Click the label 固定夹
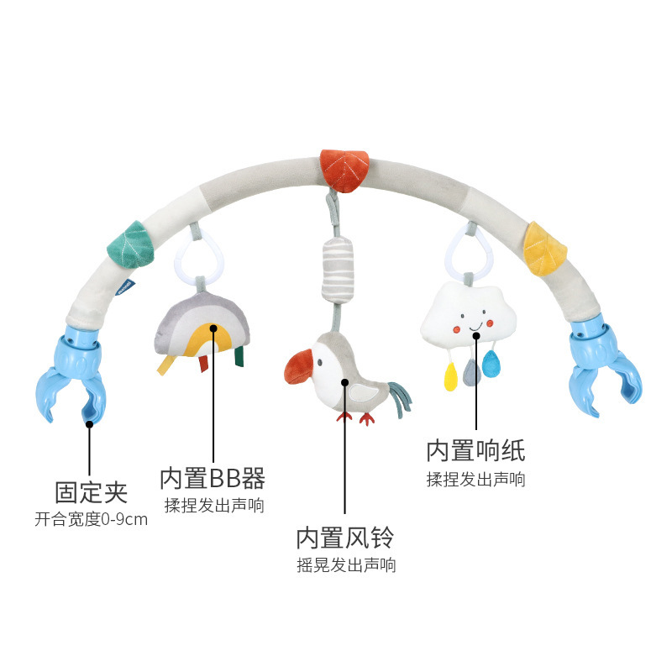click(91, 491)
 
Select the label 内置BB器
click(213, 479)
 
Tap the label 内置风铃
click(344, 537)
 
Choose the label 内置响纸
click(475, 451)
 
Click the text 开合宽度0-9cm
click(91, 519)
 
